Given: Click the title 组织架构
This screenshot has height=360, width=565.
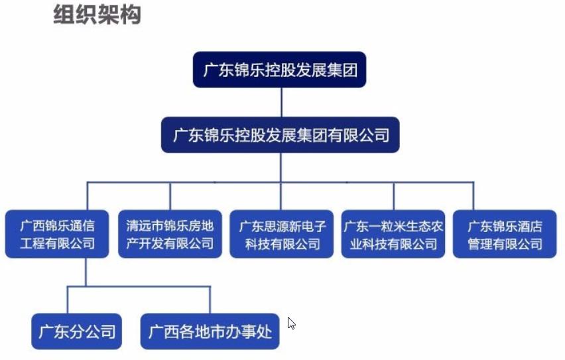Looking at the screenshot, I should coord(97,14).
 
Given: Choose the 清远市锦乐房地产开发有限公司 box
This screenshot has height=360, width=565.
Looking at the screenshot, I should coord(170,235).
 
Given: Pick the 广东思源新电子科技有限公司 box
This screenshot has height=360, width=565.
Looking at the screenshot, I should coord(282,235).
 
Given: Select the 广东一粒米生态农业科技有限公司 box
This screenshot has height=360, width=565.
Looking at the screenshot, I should coord(393,235).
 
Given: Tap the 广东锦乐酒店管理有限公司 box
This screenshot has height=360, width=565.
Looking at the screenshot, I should coord(505,235).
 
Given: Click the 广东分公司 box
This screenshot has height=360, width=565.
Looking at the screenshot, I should coord(77,331).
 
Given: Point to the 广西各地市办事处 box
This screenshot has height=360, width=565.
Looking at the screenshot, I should coord(210,331).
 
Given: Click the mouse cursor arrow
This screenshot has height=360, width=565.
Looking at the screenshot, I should coord(291,324).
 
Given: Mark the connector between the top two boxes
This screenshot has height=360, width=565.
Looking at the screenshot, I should coord(281,102).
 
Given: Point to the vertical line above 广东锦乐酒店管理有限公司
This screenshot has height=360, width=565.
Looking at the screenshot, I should coord(473,196).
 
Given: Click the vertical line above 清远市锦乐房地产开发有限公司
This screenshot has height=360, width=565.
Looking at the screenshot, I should coord(170,196).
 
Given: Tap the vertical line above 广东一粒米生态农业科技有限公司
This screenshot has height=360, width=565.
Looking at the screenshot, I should coord(393,196).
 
